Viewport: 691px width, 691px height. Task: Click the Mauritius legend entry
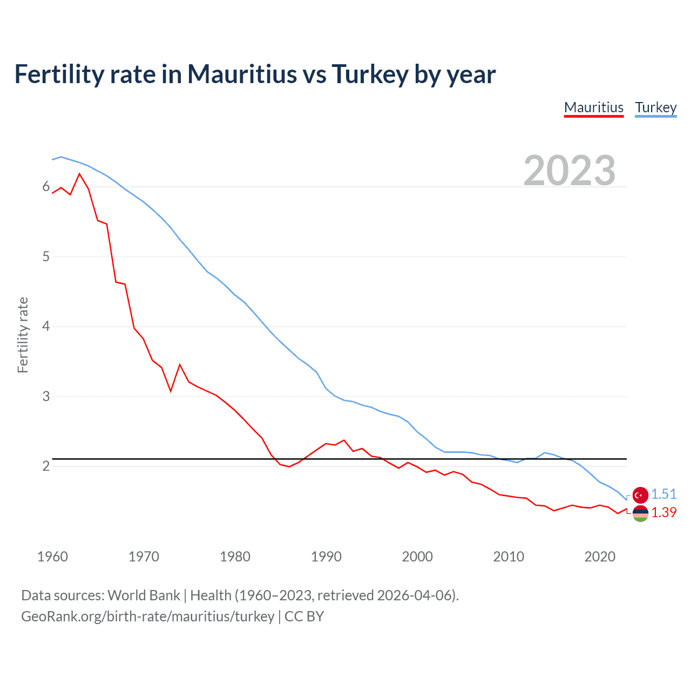pyautogui.click(x=594, y=107)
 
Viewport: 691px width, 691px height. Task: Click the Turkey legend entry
pyautogui.click(x=655, y=107)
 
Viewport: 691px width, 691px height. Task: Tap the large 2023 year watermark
pyautogui.click(x=570, y=171)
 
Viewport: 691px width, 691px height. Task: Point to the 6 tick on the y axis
pyautogui.click(x=46, y=187)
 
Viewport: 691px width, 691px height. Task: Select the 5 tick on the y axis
pyautogui.click(x=46, y=256)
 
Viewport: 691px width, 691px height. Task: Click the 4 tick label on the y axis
pyautogui.click(x=46, y=326)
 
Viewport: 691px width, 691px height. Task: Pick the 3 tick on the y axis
pyautogui.click(x=46, y=396)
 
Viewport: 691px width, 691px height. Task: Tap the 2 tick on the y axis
pyautogui.click(x=46, y=466)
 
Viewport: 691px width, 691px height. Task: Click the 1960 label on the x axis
pyautogui.click(x=52, y=557)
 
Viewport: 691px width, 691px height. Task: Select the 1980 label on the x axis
pyautogui.click(x=235, y=557)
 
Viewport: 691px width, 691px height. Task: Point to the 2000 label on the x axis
pyautogui.click(x=417, y=557)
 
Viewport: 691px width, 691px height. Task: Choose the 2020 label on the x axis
pyautogui.click(x=600, y=557)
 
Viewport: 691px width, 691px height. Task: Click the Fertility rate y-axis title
pyautogui.click(x=23, y=335)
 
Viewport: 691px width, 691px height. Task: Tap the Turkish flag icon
pyautogui.click(x=640, y=494)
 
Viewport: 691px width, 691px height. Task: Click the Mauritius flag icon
pyautogui.click(x=640, y=513)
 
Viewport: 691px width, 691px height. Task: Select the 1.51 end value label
pyautogui.click(x=663, y=494)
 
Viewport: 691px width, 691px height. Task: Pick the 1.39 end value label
pyautogui.click(x=663, y=512)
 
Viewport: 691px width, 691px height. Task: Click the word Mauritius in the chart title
pyautogui.click(x=242, y=74)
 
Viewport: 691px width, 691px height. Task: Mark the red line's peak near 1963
pyautogui.click(x=80, y=174)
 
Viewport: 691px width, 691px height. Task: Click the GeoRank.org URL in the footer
pyautogui.click(x=147, y=617)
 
